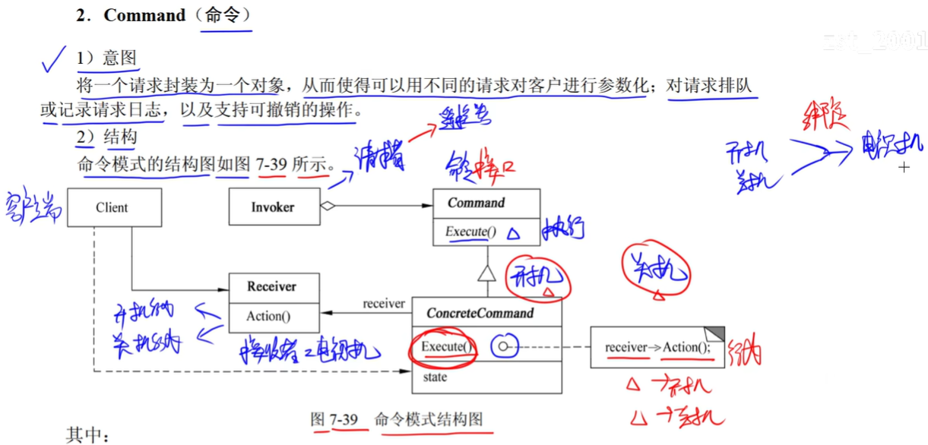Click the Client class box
pyautogui.click(x=114, y=207)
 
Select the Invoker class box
pyautogui.click(x=274, y=207)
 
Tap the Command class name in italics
pyautogui.click(x=476, y=203)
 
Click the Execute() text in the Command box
pyautogui.click(x=470, y=232)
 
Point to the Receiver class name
pyautogui.click(x=271, y=287)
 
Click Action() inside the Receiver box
pyautogui.click(x=268, y=316)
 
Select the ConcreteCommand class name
pyautogui.click(x=480, y=313)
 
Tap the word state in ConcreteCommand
pyautogui.click(x=435, y=377)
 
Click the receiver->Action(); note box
pyautogui.click(x=657, y=347)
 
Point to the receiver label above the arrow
pyautogui.click(x=384, y=304)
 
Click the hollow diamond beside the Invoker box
pyautogui.click(x=327, y=205)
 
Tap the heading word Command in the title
pyautogui.click(x=144, y=15)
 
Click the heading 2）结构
pyautogui.click(x=106, y=136)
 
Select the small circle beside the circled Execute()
pyautogui.click(x=502, y=348)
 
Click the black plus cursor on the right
pyautogui.click(x=904, y=167)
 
